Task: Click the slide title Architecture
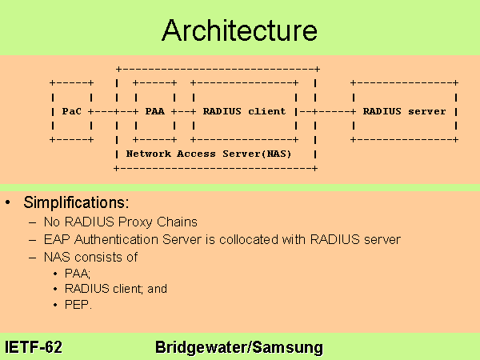239,30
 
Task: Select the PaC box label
71,111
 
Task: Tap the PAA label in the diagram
154,111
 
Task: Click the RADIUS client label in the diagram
244,111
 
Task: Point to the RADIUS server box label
404,111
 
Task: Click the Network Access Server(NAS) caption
209,152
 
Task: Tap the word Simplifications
76,201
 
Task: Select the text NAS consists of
93,257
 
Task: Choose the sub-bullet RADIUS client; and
116,289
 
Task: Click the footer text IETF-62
34,347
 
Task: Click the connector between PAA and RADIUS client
181,111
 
